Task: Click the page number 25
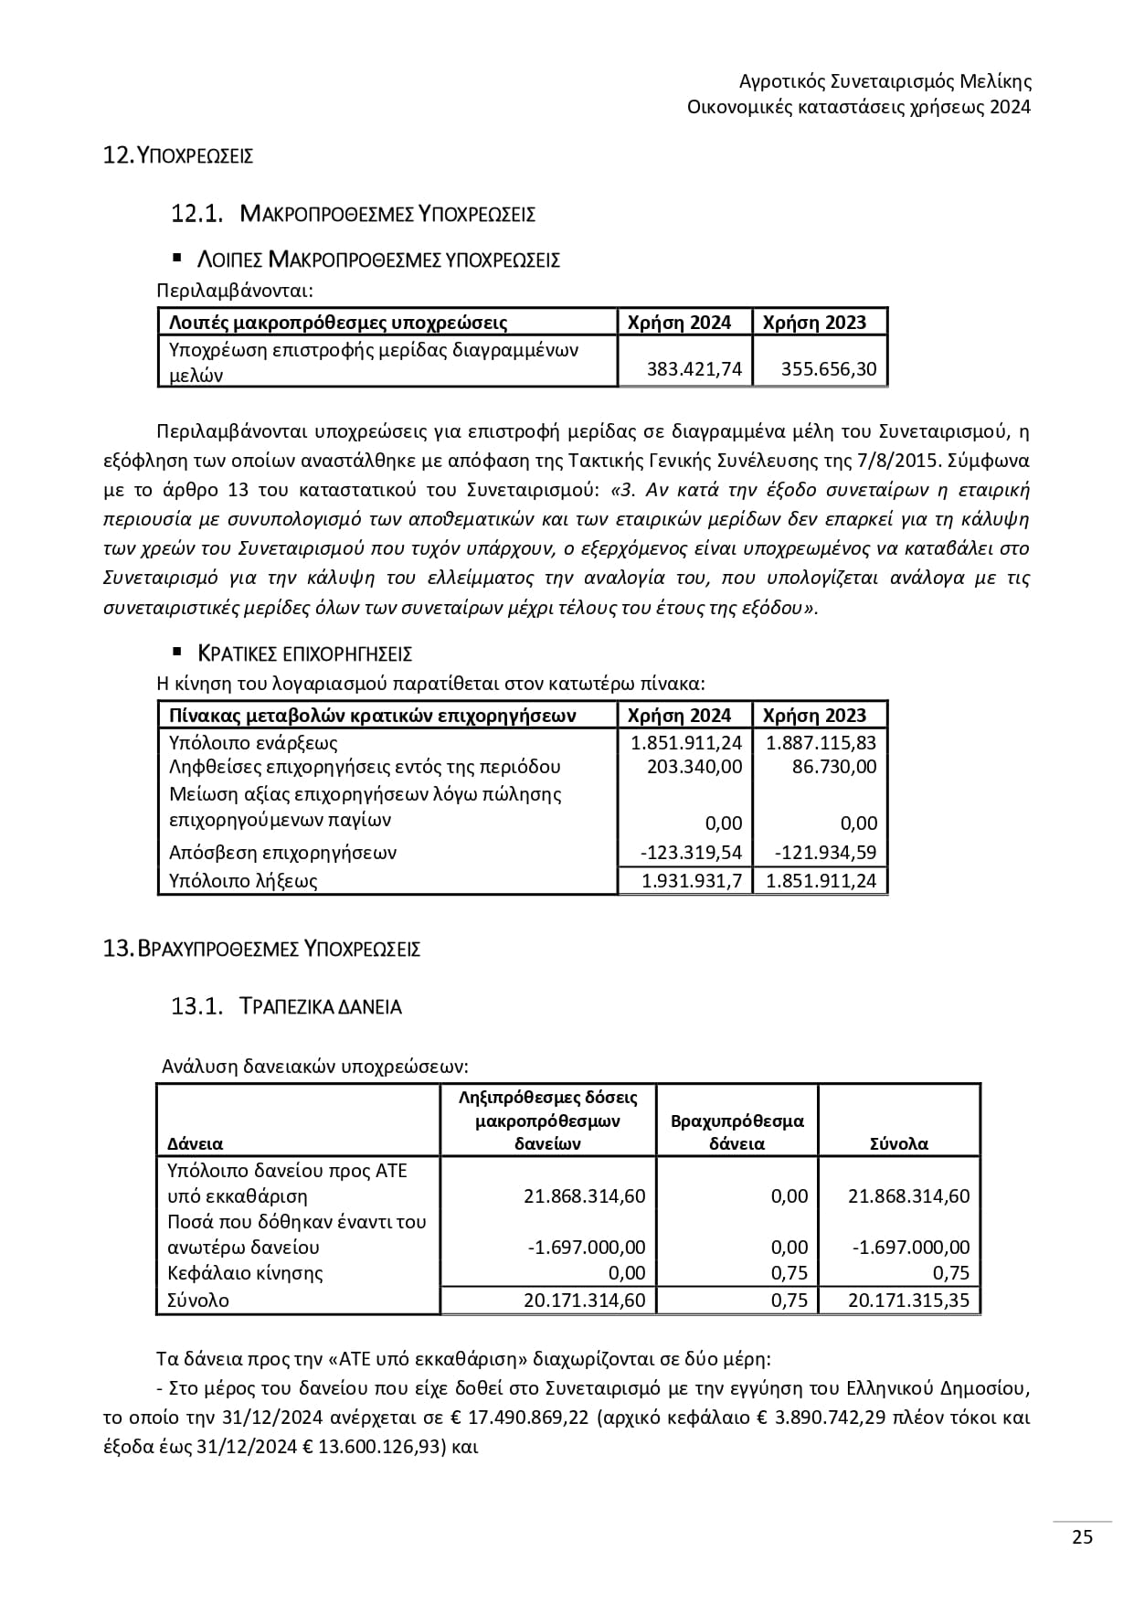(1082, 1537)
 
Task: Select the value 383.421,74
(694, 369)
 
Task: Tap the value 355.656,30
(829, 369)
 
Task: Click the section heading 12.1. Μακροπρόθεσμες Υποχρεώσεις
(353, 214)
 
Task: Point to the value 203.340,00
(694, 766)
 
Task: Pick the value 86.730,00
(834, 766)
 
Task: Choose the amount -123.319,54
(692, 853)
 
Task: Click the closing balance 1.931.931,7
(692, 881)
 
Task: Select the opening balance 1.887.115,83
(821, 743)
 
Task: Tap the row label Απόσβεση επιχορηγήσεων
(283, 853)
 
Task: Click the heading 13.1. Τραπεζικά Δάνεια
(286, 1006)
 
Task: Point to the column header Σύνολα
(899, 1143)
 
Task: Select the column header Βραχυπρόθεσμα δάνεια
(737, 1131)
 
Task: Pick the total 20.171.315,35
(908, 1300)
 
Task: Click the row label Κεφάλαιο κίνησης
(246, 1272)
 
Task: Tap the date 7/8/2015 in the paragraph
(958, 460)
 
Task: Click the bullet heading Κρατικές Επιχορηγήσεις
(305, 653)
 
